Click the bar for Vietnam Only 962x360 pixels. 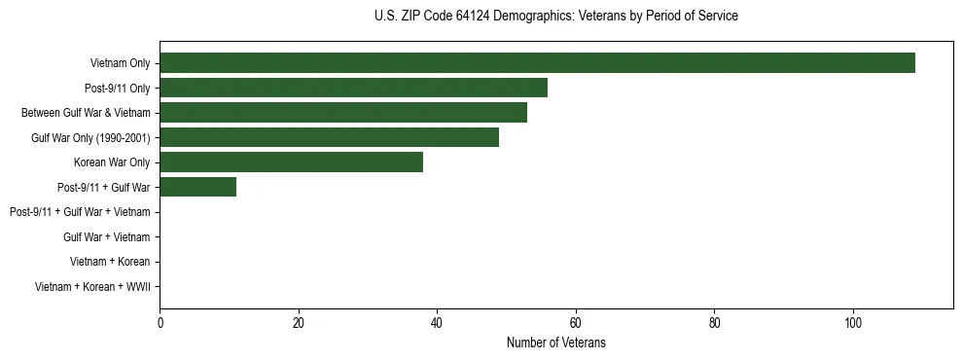pos(537,63)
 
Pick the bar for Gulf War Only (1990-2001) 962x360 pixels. pos(329,137)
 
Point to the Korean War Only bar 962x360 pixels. pos(291,162)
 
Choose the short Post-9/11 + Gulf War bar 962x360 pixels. pos(197,187)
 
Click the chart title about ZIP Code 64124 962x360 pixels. pos(555,17)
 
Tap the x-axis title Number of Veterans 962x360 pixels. pos(555,342)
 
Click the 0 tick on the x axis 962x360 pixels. pos(160,322)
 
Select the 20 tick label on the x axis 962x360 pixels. pos(299,322)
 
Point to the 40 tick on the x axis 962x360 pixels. pos(437,322)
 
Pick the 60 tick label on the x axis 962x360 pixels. pos(576,322)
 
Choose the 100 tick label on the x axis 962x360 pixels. pos(853,322)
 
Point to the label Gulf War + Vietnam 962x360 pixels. pos(107,237)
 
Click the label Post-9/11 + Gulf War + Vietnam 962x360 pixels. pos(80,212)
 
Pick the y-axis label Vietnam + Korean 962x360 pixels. pos(110,262)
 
